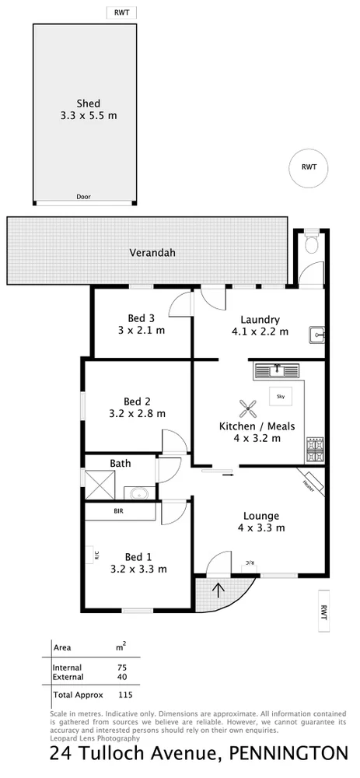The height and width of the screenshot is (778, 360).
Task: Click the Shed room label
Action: tap(87, 103)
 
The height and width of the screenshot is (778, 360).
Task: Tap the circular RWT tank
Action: tap(309, 166)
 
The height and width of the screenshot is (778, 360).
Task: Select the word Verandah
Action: tap(152, 253)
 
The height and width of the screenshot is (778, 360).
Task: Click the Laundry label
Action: tap(260, 319)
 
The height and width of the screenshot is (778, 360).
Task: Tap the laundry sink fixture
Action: tap(316, 335)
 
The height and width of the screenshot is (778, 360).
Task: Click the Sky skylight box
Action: tap(280, 395)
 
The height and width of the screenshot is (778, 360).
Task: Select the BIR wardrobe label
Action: tap(119, 512)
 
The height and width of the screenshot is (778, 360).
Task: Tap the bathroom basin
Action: tap(140, 492)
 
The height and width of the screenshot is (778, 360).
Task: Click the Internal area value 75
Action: tap(121, 668)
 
